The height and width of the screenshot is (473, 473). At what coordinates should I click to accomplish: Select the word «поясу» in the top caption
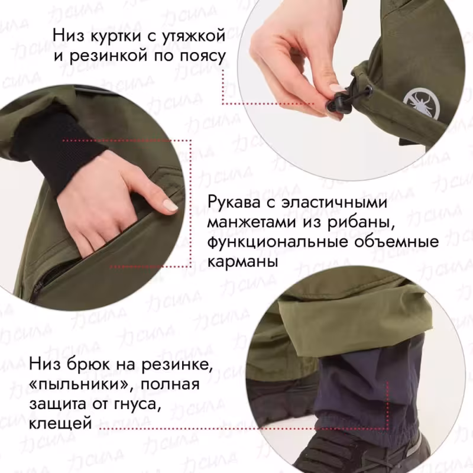tap(200, 57)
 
